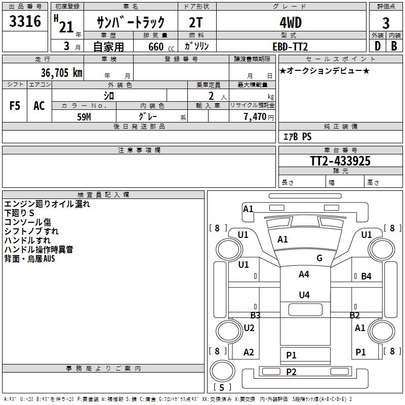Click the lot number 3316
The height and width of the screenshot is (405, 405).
pos(25,22)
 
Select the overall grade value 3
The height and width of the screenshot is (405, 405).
pos(386,23)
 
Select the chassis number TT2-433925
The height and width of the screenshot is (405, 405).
pos(340,161)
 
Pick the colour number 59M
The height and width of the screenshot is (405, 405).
pos(84,116)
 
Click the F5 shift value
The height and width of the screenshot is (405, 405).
pos(15,106)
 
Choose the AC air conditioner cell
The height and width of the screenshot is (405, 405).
pos(39,106)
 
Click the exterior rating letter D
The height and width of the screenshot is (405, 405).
pos(377,47)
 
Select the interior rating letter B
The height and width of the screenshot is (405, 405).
pos(393,47)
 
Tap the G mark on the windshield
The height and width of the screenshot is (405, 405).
pos(319,258)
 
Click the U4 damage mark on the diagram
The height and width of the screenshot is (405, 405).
pos(304,295)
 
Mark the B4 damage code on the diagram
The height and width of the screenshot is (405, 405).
pos(366,276)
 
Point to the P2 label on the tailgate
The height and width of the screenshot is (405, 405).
pos(291,372)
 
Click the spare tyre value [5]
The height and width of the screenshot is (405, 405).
pos(222,388)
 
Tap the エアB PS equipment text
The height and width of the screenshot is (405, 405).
pos(297,137)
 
